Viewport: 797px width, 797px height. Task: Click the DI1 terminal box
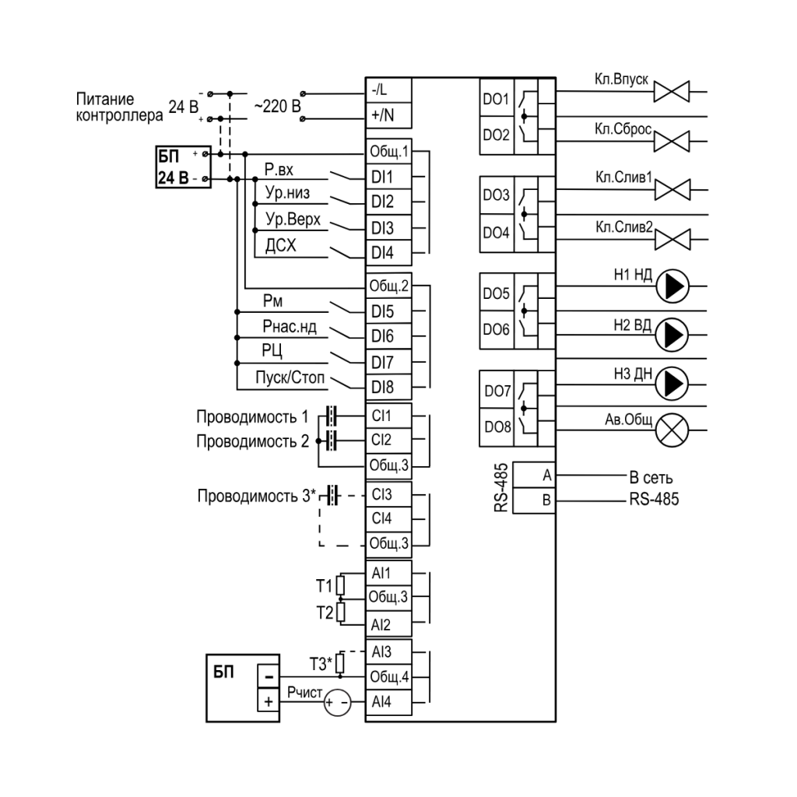[388, 177]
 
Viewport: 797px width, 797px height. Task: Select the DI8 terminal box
[388, 388]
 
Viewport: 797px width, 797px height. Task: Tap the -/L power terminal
[388, 90]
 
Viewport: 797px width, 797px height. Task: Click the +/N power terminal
[388, 115]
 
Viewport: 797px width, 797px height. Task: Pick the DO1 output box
[497, 98]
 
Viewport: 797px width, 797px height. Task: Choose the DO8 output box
[497, 427]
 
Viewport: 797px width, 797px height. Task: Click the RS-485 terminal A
[534, 475]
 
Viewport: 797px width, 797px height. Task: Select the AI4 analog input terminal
[388, 702]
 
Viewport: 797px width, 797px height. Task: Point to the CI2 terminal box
[388, 440]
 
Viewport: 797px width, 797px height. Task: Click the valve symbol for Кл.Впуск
[672, 92]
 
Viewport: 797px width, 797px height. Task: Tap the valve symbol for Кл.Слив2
[672, 240]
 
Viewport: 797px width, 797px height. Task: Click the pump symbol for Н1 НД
[672, 286]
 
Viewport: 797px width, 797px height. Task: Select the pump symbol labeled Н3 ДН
[672, 383]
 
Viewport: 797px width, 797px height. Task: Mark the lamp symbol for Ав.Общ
[672, 430]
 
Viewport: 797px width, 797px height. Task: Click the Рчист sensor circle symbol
[337, 703]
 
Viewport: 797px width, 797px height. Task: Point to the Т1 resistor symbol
[341, 585]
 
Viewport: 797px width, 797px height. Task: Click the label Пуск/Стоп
[290, 377]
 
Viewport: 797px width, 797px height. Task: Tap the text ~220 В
[277, 106]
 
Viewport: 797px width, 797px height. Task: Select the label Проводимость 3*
[257, 496]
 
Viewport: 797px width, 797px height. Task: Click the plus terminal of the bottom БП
[269, 701]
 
